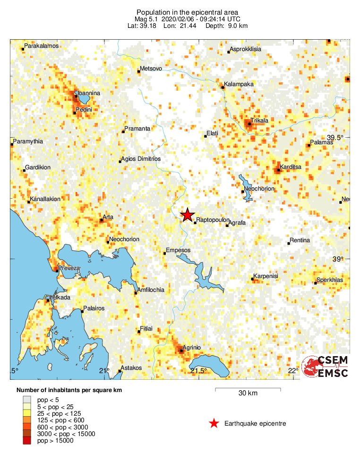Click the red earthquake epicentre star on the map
point(188,215)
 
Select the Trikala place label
point(259,121)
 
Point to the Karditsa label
point(291,167)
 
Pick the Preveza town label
point(69,268)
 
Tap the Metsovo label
point(151,69)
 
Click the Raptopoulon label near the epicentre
point(213,220)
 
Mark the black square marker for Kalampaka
point(222,87)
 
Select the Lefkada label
point(60,297)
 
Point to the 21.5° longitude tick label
point(199,371)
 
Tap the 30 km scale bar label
point(248,393)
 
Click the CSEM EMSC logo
point(325,367)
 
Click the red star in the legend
point(214,423)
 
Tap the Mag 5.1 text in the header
point(147,19)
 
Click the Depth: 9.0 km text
point(226,26)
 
